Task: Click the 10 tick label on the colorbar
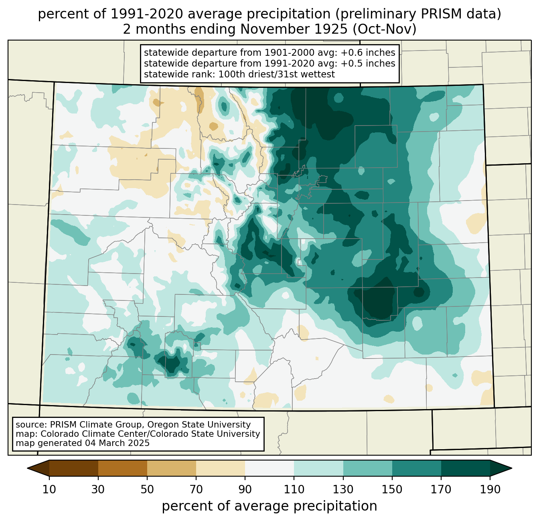coord(49,489)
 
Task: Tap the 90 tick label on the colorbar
coord(245,489)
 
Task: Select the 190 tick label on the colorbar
coord(490,489)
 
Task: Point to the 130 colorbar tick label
coord(343,489)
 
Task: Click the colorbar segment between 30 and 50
coord(123,468)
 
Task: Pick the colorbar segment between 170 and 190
coord(465,468)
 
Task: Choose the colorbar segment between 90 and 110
coord(269,468)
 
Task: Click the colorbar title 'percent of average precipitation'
coord(269,506)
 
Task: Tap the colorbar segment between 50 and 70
coord(172,468)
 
